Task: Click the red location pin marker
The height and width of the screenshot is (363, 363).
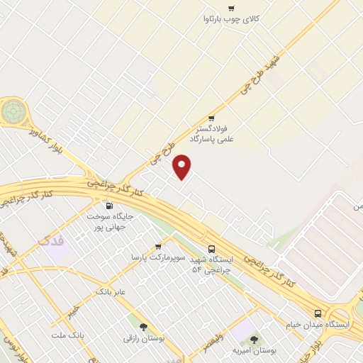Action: point(182,167)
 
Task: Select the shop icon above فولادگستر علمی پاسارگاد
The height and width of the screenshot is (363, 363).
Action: point(211,118)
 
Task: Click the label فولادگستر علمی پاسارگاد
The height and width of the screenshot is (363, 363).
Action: point(220,134)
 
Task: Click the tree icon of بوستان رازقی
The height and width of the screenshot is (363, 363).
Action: point(144,328)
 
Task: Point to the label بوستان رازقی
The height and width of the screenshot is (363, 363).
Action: point(144,339)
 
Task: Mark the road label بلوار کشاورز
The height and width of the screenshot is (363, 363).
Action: point(52,139)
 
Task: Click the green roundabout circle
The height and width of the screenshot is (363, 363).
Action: point(12,111)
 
